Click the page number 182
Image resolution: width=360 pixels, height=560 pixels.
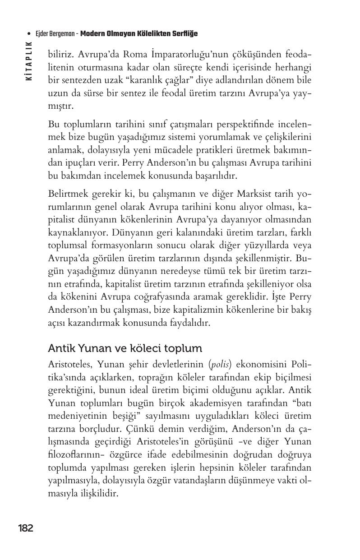tap(25, 528)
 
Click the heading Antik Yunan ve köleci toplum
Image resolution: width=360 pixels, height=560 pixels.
tap(125, 348)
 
